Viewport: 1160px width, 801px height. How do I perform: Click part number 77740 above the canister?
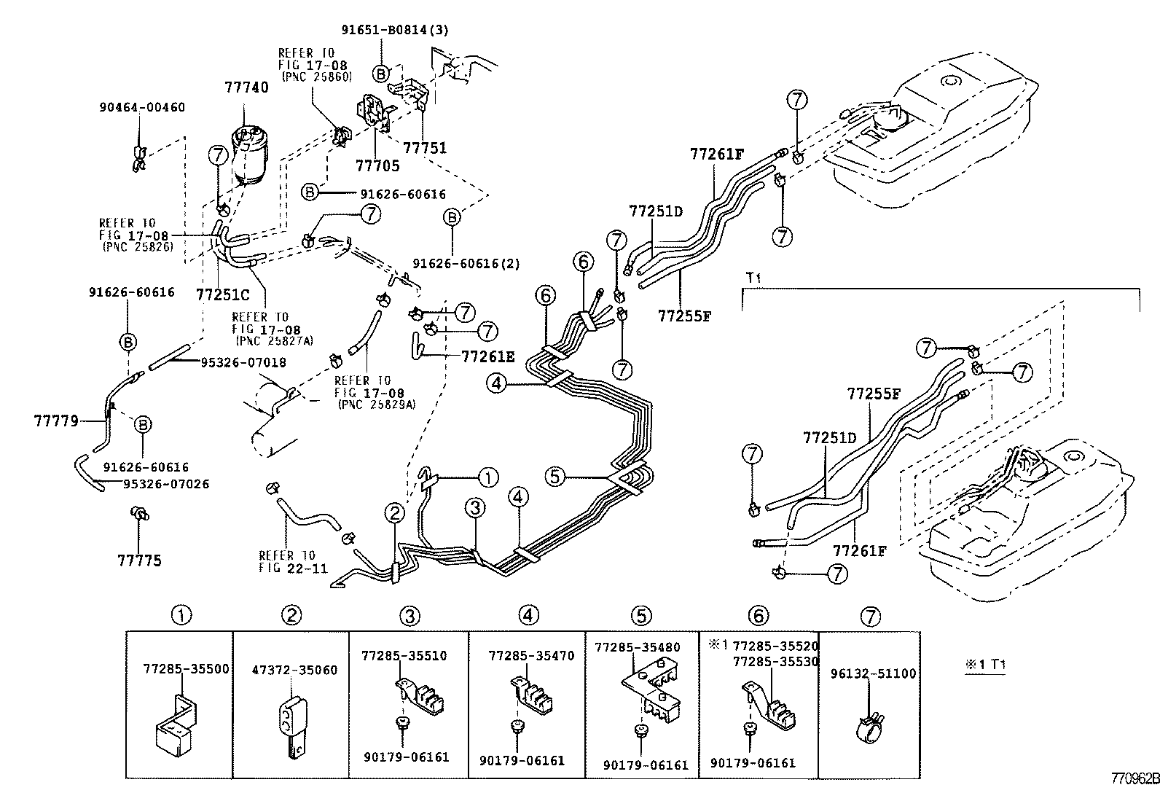[246, 88]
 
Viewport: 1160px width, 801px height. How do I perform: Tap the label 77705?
[377, 166]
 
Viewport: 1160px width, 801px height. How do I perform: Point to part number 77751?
[426, 148]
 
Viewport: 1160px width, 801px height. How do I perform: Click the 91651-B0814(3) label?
[395, 30]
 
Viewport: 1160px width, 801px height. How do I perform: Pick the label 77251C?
[222, 294]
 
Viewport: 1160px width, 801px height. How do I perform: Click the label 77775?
[139, 560]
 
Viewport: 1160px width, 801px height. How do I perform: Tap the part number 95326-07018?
[243, 362]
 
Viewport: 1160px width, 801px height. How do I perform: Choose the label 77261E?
[487, 356]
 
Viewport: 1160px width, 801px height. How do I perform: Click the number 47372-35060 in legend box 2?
[294, 670]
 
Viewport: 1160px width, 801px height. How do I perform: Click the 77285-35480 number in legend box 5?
[637, 647]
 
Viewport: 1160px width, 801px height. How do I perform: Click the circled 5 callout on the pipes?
[555, 477]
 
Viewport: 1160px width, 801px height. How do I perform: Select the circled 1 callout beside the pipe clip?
[487, 478]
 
